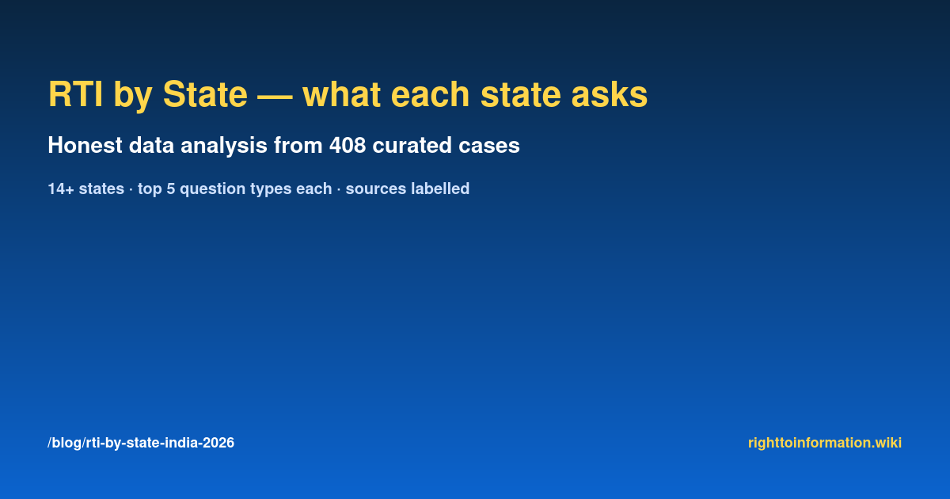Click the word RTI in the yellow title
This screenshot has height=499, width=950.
(x=75, y=94)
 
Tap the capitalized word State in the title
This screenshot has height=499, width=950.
(x=205, y=94)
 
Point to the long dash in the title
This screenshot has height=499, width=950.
(x=275, y=97)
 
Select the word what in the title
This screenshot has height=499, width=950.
(x=341, y=94)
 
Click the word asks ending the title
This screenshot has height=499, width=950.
(x=610, y=94)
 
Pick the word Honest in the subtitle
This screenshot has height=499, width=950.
(x=85, y=145)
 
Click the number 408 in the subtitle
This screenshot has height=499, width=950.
(x=348, y=145)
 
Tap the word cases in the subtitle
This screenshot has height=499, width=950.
(x=489, y=145)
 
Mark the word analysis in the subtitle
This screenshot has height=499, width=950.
(x=224, y=147)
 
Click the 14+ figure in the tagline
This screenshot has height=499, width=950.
(x=61, y=189)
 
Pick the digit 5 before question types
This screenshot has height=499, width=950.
(x=170, y=189)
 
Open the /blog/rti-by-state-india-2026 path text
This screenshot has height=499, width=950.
(x=141, y=443)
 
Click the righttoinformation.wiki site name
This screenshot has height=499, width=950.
(x=825, y=443)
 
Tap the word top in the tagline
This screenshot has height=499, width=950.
(x=150, y=189)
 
